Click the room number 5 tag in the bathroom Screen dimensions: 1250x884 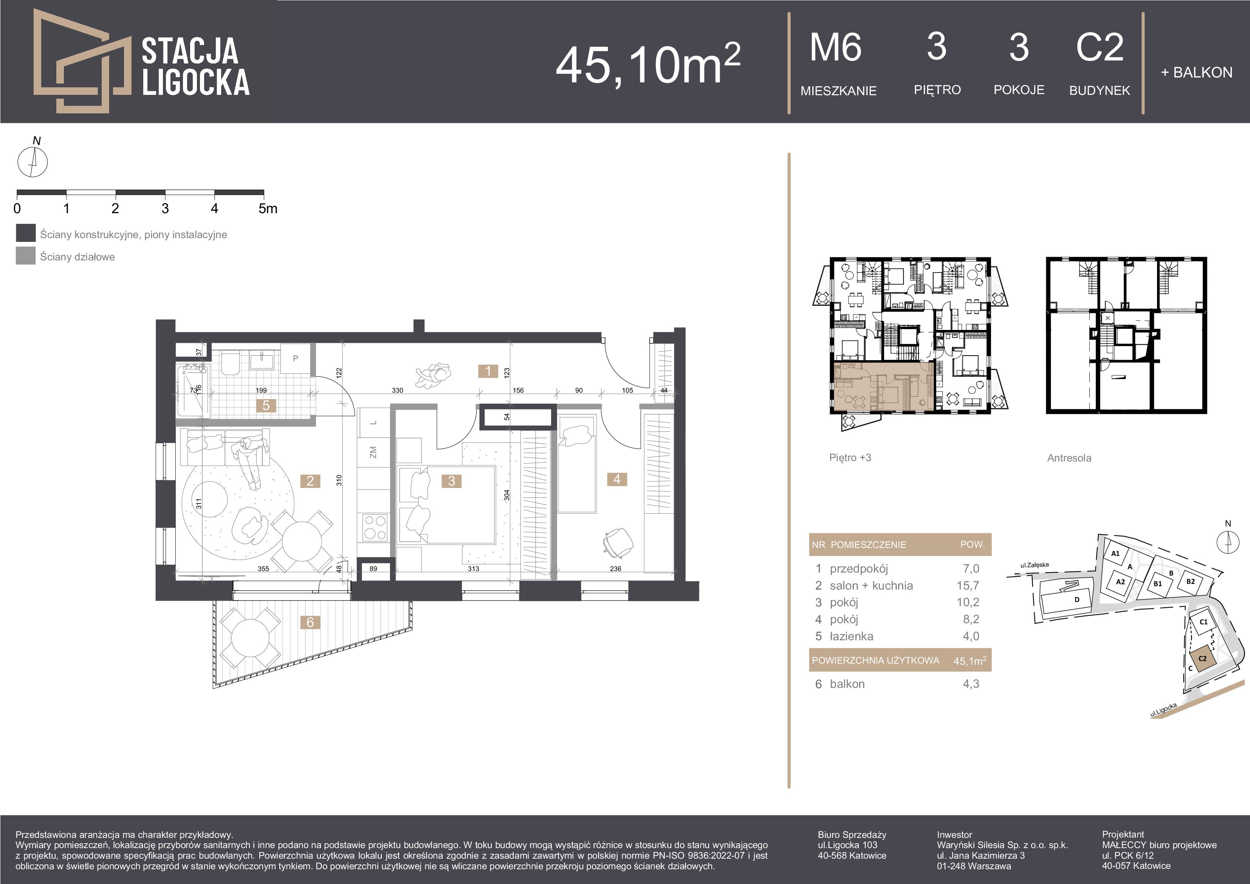(x=266, y=405)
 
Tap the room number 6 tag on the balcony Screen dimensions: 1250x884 (x=310, y=622)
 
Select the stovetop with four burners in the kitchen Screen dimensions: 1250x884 (x=375, y=527)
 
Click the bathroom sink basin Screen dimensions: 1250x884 (x=263, y=360)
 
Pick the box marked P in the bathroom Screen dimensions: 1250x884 (x=296, y=358)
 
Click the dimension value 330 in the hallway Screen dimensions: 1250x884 (x=397, y=390)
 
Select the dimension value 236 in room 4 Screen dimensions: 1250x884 (x=616, y=569)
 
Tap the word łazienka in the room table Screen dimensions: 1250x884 (x=852, y=636)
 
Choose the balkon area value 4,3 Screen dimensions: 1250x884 (x=971, y=684)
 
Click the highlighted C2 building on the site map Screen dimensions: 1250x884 (x=1202, y=659)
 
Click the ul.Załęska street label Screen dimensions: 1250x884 (x=1035, y=565)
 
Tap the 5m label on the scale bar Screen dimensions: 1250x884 (x=268, y=209)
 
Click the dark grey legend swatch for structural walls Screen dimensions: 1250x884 (x=26, y=233)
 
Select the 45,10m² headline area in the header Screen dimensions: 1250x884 (x=648, y=64)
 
